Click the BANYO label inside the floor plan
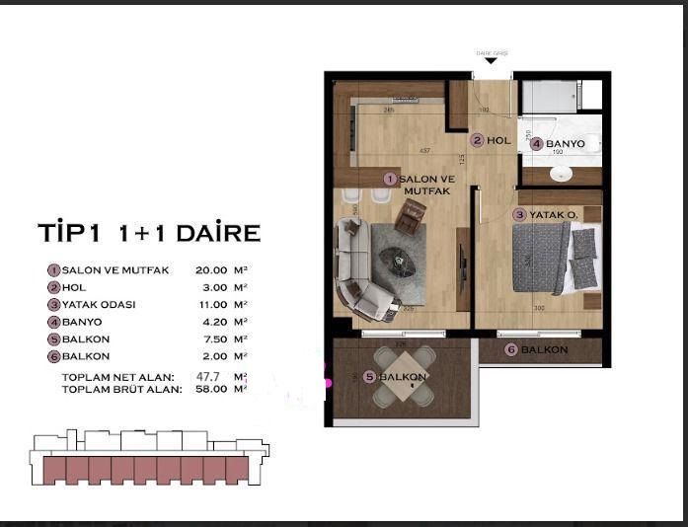coord(565,144)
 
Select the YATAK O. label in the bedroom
coord(547,214)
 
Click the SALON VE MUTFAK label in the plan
coord(424,184)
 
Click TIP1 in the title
coord(71,233)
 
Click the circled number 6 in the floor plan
coord(510,349)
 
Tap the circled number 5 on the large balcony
coord(369,377)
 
